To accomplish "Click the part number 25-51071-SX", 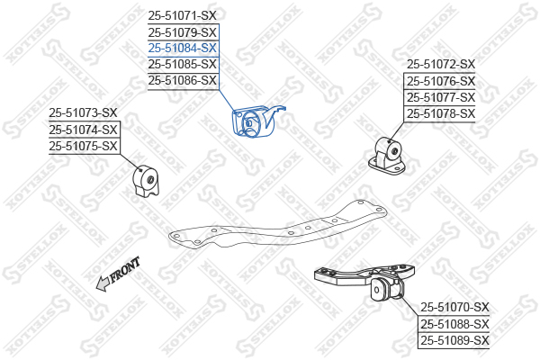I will [x=183, y=15].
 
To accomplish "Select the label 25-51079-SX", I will [x=183, y=31].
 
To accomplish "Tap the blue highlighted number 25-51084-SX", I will [x=183, y=48].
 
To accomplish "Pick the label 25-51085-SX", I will [x=183, y=64].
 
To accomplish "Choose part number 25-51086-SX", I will [x=183, y=80].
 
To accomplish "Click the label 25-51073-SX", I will [x=83, y=113].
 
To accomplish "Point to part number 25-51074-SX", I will [x=83, y=130].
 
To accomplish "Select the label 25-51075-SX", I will [x=83, y=146].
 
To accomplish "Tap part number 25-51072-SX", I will [x=440, y=65].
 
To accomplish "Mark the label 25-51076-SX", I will [x=440, y=81].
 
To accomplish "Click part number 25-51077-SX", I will [x=440, y=97].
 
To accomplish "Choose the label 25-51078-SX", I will [x=440, y=113].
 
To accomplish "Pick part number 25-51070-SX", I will [x=454, y=308].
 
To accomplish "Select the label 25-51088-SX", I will [x=454, y=324].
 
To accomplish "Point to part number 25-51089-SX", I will [x=454, y=340].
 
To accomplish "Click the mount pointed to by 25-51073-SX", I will [x=146, y=181].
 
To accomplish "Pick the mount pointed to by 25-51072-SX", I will [x=393, y=153].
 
